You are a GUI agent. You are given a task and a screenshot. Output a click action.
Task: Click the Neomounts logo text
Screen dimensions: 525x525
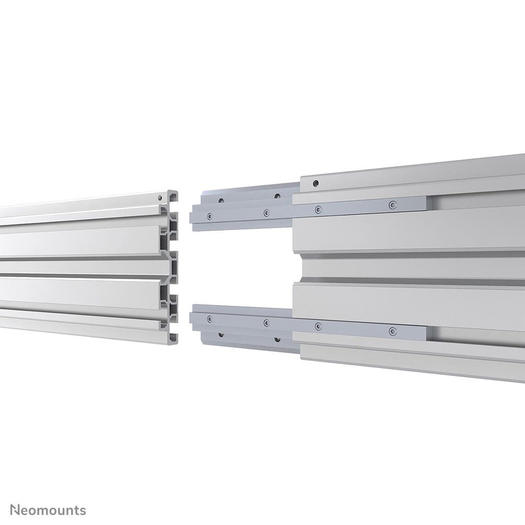click(49, 510)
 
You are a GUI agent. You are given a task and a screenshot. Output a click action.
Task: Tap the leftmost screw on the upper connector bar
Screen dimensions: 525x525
click(210, 215)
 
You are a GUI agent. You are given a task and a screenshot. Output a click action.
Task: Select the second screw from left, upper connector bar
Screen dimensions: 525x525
click(266, 212)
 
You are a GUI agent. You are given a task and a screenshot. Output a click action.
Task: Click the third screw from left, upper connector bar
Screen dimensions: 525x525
click(318, 209)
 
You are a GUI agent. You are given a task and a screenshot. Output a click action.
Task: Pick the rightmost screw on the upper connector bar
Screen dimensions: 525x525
click(393, 205)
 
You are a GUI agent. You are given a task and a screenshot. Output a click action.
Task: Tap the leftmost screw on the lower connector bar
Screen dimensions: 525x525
click(210, 318)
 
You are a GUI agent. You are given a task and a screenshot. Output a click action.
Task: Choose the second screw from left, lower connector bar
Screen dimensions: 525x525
click(266, 323)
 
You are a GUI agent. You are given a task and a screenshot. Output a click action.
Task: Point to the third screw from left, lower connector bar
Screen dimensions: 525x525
click(318, 326)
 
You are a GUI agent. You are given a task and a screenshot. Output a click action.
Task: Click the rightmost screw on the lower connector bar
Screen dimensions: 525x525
click(393, 330)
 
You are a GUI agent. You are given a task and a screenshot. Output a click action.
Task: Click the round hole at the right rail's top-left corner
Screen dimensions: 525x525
click(315, 184)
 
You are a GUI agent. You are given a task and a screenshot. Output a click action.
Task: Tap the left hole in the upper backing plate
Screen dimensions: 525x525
click(221, 200)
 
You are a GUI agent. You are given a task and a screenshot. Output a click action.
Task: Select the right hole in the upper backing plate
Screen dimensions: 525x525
click(277, 196)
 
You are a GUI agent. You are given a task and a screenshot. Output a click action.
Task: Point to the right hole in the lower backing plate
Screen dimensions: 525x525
click(277, 339)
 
